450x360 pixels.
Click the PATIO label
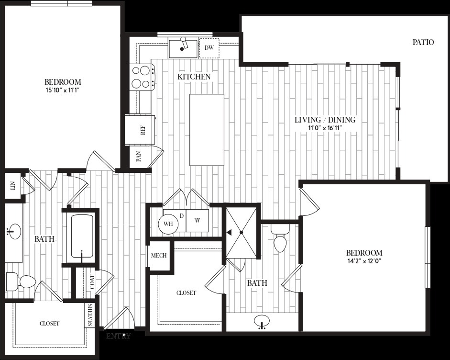(x=423, y=42)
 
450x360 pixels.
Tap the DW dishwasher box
(x=209, y=48)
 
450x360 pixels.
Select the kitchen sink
(x=183, y=48)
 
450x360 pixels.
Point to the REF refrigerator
(x=140, y=130)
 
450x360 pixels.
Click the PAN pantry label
(x=138, y=157)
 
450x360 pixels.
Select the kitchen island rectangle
(x=207, y=130)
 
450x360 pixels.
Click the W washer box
(x=198, y=221)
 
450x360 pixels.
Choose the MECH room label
(x=159, y=256)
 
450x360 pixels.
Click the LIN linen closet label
(x=12, y=186)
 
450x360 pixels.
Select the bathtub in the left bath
(x=82, y=236)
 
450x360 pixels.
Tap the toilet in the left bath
(x=21, y=281)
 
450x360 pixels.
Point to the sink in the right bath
(x=262, y=321)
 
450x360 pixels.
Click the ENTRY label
(x=118, y=336)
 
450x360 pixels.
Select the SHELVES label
(x=90, y=315)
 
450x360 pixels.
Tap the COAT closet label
(x=92, y=282)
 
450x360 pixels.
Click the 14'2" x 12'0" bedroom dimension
(x=364, y=261)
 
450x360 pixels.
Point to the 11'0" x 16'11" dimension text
(x=325, y=128)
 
